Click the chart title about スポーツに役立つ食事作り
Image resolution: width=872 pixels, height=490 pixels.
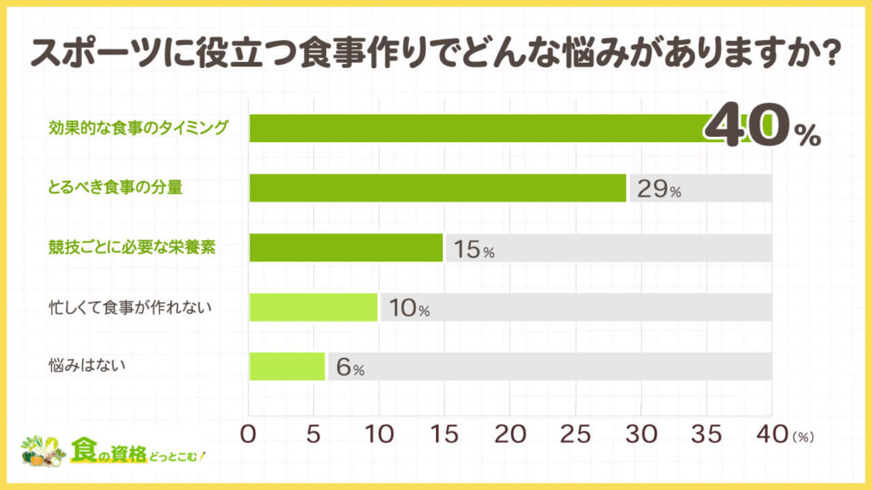(x=436, y=53)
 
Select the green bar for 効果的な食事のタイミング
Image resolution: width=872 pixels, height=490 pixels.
(x=477, y=128)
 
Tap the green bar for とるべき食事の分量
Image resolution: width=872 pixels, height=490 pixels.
(x=438, y=188)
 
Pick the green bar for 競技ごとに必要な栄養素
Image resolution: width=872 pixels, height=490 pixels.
(x=346, y=248)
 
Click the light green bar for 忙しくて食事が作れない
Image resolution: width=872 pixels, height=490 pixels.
(x=313, y=307)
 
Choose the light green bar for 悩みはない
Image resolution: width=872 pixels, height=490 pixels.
(x=287, y=367)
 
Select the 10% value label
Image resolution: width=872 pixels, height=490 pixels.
(x=409, y=310)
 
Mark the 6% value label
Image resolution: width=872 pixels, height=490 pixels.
(x=350, y=369)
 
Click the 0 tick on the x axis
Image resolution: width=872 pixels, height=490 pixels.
(x=250, y=434)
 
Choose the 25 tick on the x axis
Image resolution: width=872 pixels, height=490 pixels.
(x=575, y=434)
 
